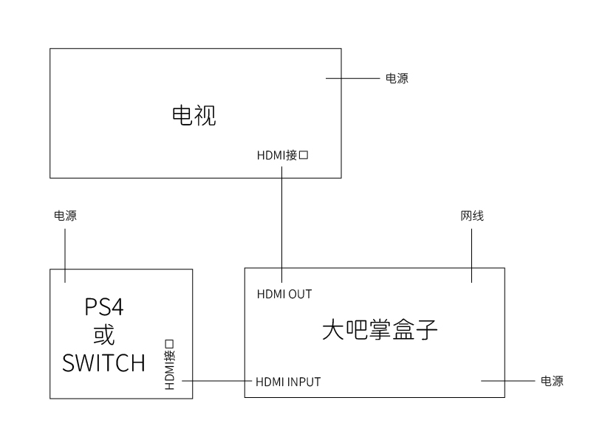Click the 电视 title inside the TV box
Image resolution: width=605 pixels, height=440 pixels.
pyautogui.click(x=194, y=116)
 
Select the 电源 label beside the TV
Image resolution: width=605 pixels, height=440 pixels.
pyautogui.click(x=397, y=78)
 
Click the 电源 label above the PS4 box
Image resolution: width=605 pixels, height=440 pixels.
pyautogui.click(x=65, y=216)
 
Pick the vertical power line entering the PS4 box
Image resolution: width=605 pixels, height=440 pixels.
pyautogui.click(x=65, y=255)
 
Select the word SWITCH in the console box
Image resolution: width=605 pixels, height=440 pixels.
pyautogui.click(x=103, y=363)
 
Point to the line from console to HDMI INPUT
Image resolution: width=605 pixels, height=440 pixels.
pyautogui.click(x=217, y=381)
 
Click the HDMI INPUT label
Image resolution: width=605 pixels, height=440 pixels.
pyautogui.click(x=288, y=382)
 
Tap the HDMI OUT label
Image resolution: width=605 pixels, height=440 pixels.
pyautogui.click(x=284, y=294)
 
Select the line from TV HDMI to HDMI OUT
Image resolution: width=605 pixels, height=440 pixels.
pyautogui.click(x=282, y=221)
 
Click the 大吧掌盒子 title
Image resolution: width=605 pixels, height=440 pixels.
pyautogui.click(x=380, y=330)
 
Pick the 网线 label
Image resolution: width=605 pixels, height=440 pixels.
pyautogui.click(x=472, y=216)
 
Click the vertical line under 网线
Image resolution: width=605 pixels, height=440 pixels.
pyautogui.click(x=472, y=255)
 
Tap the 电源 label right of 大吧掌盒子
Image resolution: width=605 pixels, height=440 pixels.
pyautogui.click(x=552, y=382)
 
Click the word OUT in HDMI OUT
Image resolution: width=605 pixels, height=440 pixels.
pyautogui.click(x=300, y=294)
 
